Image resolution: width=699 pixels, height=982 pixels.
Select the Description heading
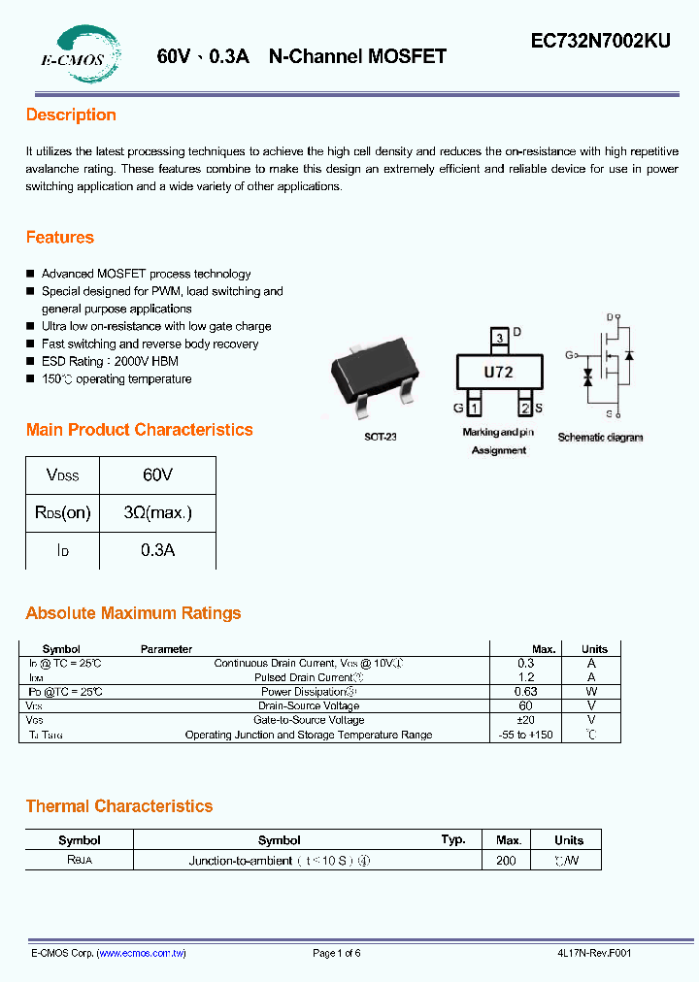[x=71, y=115]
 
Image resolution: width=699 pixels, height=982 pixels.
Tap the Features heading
[x=60, y=238]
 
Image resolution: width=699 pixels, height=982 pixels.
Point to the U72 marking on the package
[x=498, y=372]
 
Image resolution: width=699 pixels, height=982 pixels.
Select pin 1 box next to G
[x=475, y=408]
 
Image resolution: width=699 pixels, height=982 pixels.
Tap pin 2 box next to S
[x=524, y=408]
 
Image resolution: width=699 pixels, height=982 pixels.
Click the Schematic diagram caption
[x=600, y=438]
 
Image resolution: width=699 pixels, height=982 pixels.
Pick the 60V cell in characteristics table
[x=157, y=475]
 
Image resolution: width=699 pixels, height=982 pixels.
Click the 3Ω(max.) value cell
[x=157, y=512]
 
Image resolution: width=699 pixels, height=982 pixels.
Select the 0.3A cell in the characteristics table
[x=157, y=549]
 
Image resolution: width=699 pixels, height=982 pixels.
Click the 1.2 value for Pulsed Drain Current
[x=526, y=677]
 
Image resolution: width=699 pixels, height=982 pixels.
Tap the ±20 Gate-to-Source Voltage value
[x=526, y=720]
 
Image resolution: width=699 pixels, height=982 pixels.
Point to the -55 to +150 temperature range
[x=526, y=735]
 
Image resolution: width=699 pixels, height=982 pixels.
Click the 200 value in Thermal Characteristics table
[x=507, y=861]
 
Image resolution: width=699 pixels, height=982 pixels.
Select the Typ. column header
[x=453, y=839]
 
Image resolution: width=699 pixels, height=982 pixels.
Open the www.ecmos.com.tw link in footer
[x=142, y=953]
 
